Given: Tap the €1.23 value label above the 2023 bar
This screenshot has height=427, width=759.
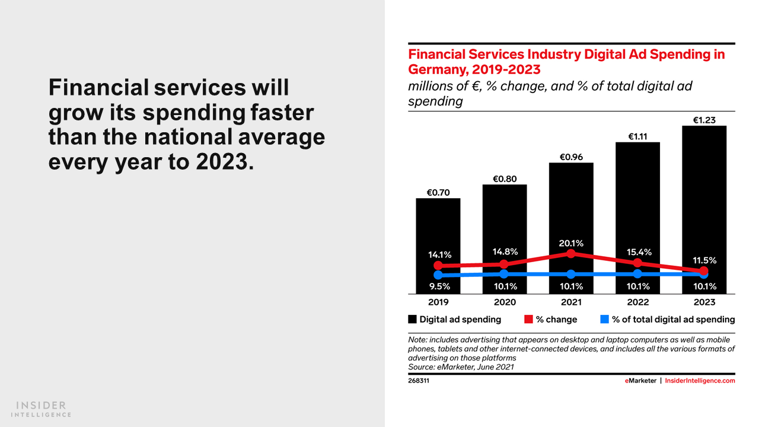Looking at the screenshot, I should [x=704, y=120].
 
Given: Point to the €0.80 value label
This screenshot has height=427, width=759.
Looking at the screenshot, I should [x=505, y=179].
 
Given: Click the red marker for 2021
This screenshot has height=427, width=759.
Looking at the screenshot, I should [x=571, y=253].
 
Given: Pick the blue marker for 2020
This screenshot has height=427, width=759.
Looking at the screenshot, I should [x=504, y=274].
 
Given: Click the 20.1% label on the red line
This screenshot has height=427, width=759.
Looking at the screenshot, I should [x=571, y=243].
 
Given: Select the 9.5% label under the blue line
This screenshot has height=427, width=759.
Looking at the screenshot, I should [x=438, y=286].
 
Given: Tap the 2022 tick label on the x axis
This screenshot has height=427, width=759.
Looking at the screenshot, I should [x=638, y=302].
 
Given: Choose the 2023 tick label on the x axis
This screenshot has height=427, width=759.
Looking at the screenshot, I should [x=704, y=302].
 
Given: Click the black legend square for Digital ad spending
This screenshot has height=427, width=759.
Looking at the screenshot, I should [x=413, y=319].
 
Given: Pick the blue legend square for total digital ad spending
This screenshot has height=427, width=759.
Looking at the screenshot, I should [x=605, y=319].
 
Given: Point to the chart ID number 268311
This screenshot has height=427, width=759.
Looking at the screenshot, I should [x=419, y=381].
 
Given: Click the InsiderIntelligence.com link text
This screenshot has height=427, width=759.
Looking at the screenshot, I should [x=700, y=381].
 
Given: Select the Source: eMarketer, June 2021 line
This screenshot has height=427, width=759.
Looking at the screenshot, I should [x=461, y=367].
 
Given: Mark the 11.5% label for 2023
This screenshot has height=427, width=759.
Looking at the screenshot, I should [x=704, y=260].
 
